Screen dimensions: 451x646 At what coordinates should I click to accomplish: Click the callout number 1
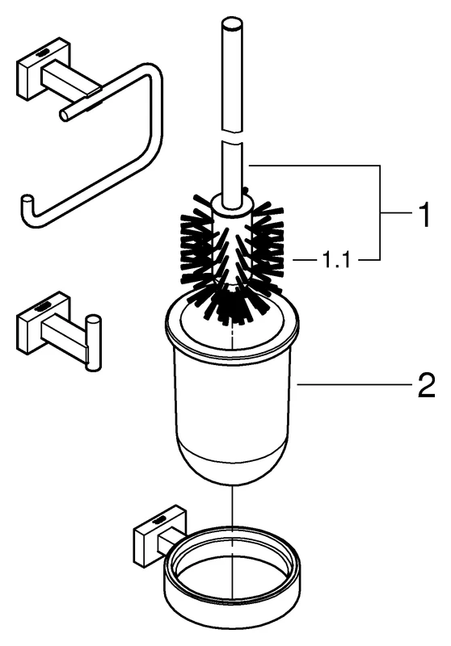point(424,214)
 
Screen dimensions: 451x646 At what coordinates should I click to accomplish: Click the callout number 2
point(427,385)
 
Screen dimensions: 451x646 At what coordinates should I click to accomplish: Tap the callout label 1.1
point(335,260)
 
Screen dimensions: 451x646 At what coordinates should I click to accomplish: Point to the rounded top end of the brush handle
point(234,23)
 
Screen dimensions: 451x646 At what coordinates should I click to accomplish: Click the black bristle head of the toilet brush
point(233,255)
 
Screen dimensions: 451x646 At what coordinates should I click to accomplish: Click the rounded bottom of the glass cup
point(232,466)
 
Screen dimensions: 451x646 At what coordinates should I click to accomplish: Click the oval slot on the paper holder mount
point(44,53)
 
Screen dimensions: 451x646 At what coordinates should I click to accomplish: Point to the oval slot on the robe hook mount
point(44,307)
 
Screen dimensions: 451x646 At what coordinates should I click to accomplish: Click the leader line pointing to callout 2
point(355,385)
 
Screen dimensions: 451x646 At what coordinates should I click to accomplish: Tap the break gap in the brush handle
point(233,136)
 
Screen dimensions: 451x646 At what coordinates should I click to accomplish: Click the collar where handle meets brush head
point(232,205)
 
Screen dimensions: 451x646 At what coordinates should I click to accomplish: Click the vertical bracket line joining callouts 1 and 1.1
point(379,212)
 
